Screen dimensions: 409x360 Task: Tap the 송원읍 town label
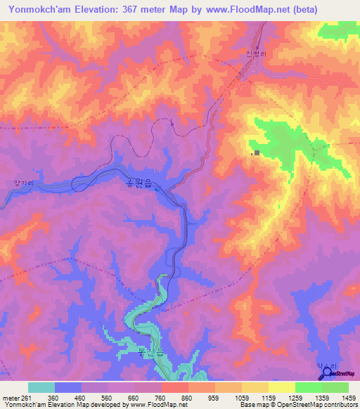139,182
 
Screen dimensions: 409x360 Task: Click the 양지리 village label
23,183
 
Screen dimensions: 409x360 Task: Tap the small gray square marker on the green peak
257,152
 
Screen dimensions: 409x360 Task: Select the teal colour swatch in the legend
41,387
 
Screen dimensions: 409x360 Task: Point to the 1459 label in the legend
349,397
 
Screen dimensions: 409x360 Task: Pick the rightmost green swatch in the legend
335,387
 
